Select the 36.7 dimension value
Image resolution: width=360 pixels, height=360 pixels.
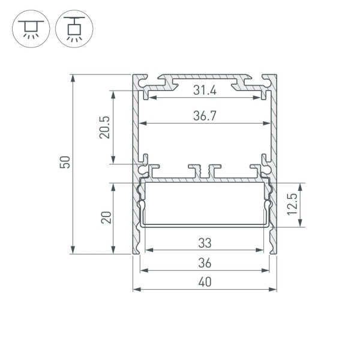click(205, 117)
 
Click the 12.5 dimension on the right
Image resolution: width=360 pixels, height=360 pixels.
click(292, 205)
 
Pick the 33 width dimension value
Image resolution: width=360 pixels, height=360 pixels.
click(205, 244)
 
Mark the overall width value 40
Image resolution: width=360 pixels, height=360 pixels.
click(205, 283)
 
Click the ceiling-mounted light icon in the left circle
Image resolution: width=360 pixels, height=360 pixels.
click(28, 28)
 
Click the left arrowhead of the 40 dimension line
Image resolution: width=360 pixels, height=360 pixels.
click(135, 289)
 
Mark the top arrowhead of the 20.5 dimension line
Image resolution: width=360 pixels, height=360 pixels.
click(112, 92)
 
